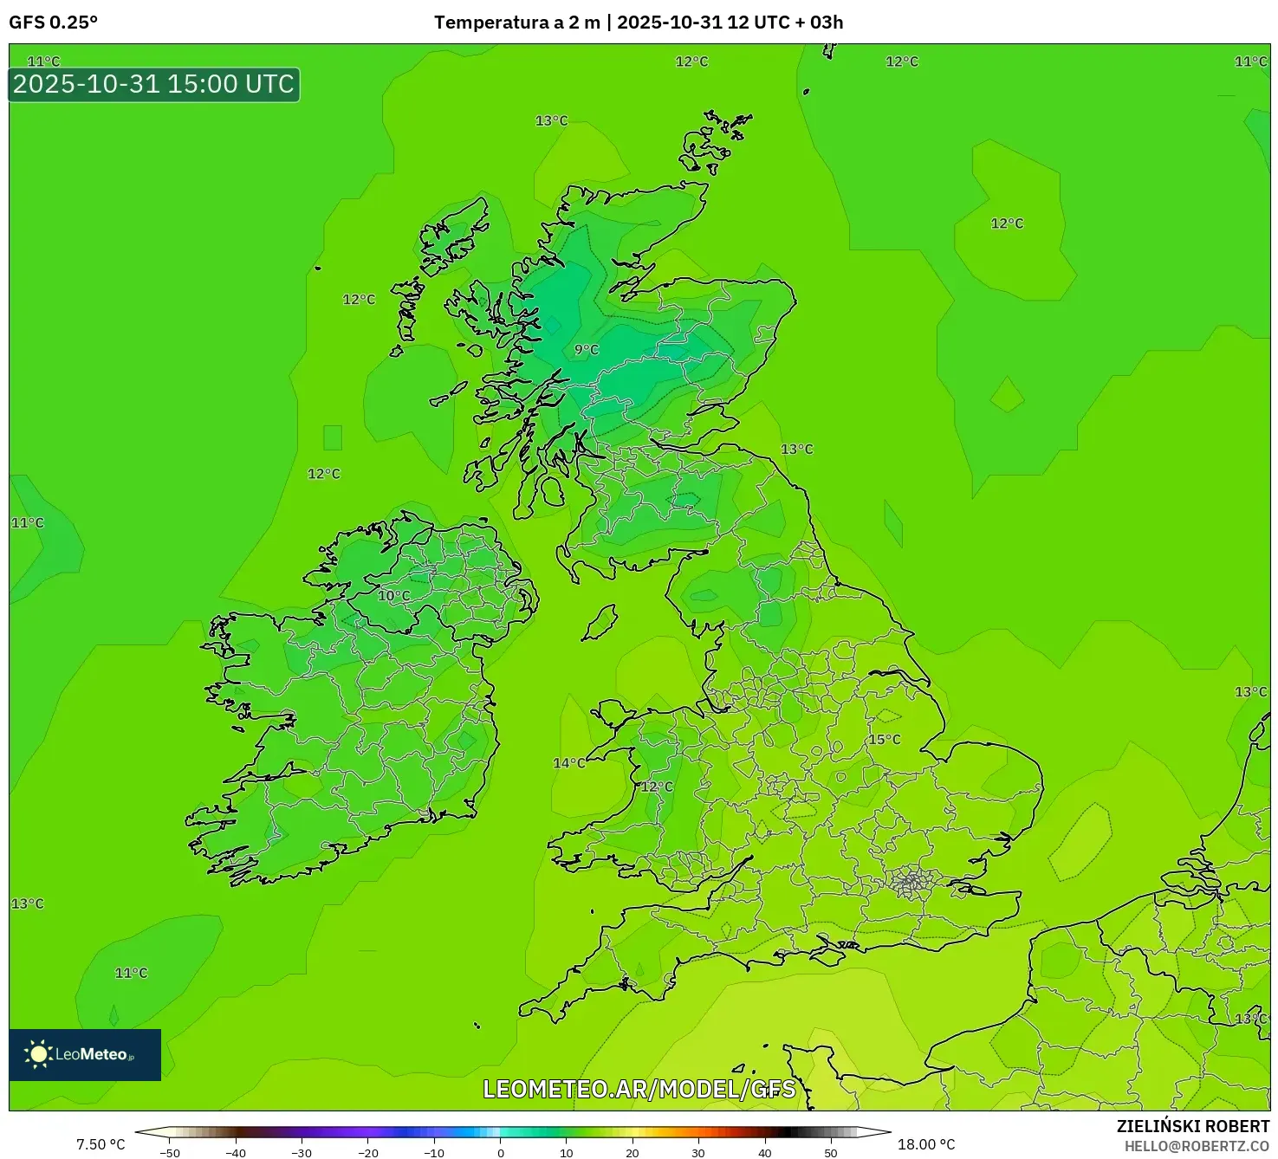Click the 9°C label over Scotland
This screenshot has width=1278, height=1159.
pyautogui.click(x=587, y=350)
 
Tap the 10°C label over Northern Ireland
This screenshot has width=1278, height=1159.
pyautogui.click(x=393, y=596)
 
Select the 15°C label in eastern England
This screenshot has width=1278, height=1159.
pyautogui.click(x=885, y=740)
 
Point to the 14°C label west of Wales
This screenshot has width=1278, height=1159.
pyautogui.click(x=569, y=763)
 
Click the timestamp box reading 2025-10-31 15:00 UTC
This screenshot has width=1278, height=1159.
pyautogui.click(x=154, y=85)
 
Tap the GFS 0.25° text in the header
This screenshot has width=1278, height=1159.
pyautogui.click(x=54, y=23)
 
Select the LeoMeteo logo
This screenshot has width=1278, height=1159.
pyautogui.click(x=85, y=1054)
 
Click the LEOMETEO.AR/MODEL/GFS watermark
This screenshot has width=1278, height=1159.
pyautogui.click(x=639, y=1089)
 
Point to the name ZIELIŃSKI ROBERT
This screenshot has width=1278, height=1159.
pyautogui.click(x=1193, y=1126)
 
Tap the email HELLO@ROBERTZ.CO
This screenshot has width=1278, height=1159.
pyautogui.click(x=1197, y=1146)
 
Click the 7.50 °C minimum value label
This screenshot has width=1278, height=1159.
pyautogui.click(x=101, y=1144)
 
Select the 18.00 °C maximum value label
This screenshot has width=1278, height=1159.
pyautogui.click(x=926, y=1144)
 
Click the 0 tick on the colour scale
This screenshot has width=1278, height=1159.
pyautogui.click(x=501, y=1153)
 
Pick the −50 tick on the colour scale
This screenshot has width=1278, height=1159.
pyautogui.click(x=170, y=1153)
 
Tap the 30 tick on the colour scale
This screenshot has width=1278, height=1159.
pyautogui.click(x=698, y=1153)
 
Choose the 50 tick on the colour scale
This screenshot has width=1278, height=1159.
pyautogui.click(x=830, y=1153)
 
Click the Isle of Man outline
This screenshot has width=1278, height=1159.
pyautogui.click(x=600, y=623)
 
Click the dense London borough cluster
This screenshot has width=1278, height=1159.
pyautogui.click(x=911, y=883)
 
